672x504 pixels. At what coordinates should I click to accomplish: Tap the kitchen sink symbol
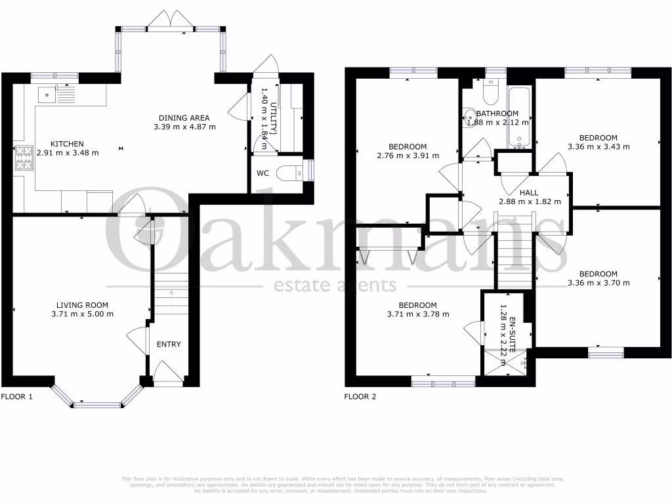point(47,94)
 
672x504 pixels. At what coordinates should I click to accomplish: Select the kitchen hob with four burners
point(24,158)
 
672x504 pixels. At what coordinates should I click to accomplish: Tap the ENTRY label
point(169,345)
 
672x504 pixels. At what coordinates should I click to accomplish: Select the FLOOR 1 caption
point(16,397)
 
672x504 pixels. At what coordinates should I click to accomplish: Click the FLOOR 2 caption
point(360,397)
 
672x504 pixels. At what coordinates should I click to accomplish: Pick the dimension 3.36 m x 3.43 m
point(598,147)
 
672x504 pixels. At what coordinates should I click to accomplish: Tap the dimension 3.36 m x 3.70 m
point(598,283)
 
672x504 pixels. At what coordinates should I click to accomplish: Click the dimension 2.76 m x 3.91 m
point(408,156)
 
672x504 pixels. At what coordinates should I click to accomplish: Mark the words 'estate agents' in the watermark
point(334,285)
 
